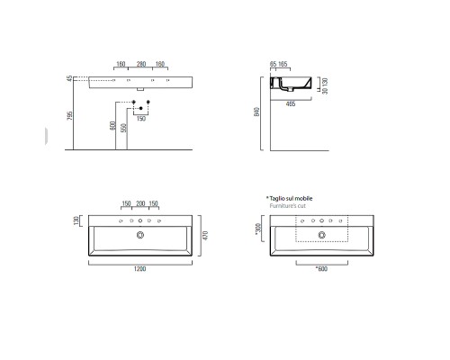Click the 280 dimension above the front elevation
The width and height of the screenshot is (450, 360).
pos(140,64)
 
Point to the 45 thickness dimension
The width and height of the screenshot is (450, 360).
pos(69,80)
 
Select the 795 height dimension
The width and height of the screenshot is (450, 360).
pos(69,118)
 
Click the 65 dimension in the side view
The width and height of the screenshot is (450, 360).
pos(273,64)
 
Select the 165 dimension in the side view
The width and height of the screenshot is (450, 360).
pos(284,64)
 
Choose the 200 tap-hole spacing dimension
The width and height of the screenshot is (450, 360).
pos(140,202)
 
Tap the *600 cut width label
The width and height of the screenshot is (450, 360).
pos(319,267)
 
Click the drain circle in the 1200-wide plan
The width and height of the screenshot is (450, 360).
pos(140,235)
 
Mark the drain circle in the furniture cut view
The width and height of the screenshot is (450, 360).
pos(320,235)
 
